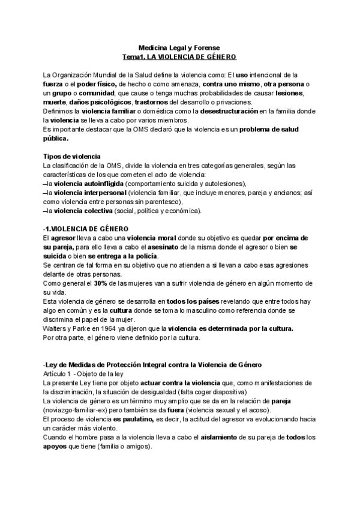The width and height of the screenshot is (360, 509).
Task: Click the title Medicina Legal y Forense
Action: tap(179, 47)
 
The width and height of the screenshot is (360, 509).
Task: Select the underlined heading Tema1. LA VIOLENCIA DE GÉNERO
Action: tap(179, 56)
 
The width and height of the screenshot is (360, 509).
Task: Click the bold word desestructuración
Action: tap(233, 112)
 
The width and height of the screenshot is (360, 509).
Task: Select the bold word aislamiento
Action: tap(214, 438)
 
